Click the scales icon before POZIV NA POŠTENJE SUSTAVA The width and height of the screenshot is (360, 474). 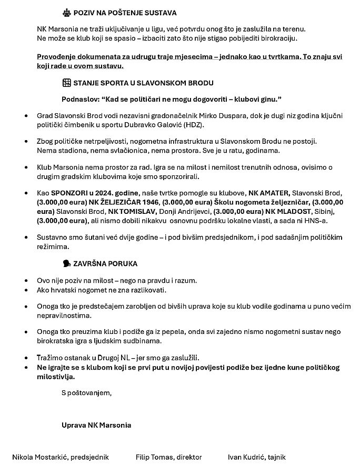66,13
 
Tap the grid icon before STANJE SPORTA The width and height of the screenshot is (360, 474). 66,83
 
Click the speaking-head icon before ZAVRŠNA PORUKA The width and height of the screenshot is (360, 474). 66,263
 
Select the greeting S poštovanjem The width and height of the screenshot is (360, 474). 86,392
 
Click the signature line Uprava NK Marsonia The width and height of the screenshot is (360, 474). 96,425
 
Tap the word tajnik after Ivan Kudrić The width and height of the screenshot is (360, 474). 276,457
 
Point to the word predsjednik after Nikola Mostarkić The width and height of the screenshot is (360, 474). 91,457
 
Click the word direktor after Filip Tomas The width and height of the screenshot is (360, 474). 189,457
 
